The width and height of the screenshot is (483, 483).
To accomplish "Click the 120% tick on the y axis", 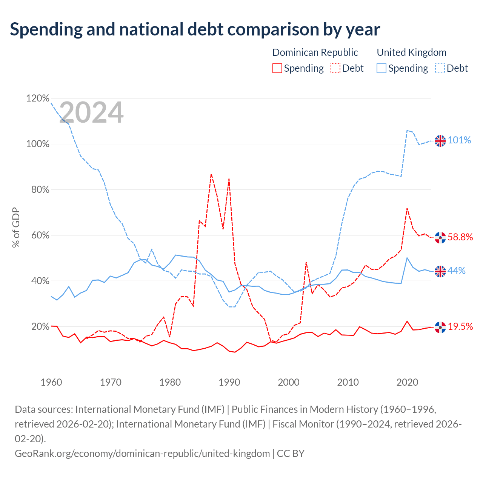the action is coord(38,98).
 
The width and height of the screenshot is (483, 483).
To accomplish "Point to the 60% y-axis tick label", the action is coord(40,235).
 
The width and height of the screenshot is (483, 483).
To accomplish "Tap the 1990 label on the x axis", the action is coord(229,382).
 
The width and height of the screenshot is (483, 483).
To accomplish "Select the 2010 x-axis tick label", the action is coord(348,382).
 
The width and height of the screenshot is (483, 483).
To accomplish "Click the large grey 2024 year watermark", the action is coord(91,112).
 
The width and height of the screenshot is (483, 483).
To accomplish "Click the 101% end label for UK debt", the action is coord(459,140).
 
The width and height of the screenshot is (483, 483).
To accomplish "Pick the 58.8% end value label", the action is coord(460,237).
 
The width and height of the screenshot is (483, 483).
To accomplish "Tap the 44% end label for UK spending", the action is coord(457,271).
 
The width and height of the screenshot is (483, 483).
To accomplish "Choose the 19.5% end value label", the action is coord(460,326).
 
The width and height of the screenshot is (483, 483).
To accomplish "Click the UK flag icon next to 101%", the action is coord(440,141).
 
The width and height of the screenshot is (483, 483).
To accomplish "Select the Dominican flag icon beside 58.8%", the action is coord(440,237).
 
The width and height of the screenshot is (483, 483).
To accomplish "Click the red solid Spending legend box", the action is coord(277,68).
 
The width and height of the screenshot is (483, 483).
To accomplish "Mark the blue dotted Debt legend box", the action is coord(440,68).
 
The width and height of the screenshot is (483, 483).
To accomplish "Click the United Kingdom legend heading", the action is coord(412,52).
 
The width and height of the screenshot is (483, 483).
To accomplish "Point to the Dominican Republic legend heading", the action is coord(315,52).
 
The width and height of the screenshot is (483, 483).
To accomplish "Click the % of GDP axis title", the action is coord(16,227).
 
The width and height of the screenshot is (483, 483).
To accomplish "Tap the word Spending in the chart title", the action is coord(46,29).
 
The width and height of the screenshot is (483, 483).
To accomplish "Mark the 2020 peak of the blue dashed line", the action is coord(407,130).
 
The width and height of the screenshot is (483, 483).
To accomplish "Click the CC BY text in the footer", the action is coord(291,453).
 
